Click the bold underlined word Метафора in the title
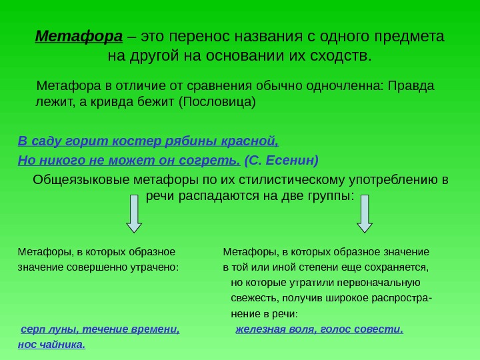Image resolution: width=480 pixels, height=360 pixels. [79, 35]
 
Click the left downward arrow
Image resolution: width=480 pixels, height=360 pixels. [134, 214]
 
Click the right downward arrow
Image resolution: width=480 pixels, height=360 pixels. [364, 214]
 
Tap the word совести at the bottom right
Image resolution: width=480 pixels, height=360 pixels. [381, 329]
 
